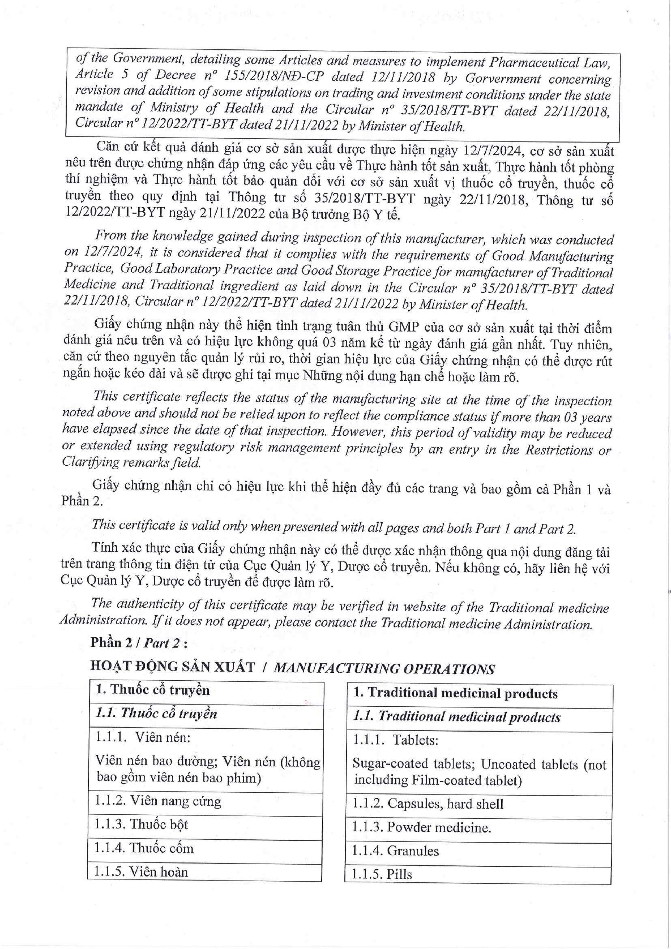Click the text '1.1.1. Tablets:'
[396, 740]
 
